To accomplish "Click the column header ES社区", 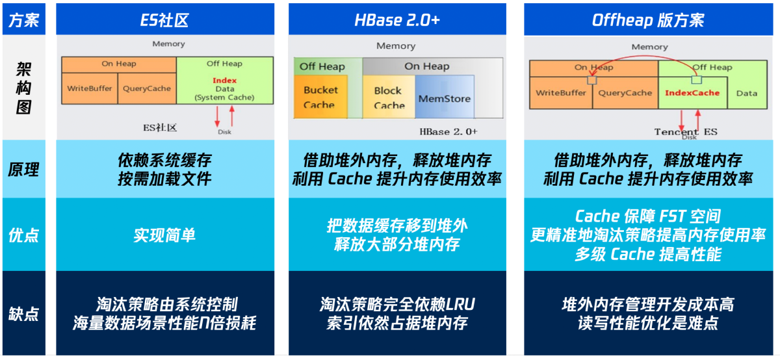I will (164, 20).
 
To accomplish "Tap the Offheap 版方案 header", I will (647, 20).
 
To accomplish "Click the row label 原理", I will (24, 170).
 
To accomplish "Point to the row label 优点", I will (24, 235).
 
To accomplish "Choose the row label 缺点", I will (24, 314).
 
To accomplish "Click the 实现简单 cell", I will (164, 235).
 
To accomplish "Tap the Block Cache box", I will (388, 97).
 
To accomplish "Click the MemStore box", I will (445, 99).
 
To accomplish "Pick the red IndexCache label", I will (692, 93).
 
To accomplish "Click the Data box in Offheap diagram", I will (747, 93).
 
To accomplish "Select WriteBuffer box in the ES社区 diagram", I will (90, 88).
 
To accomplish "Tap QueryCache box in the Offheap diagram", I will (625, 93).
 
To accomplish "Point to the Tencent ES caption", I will (685, 131).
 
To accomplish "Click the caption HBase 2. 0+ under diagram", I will (448, 131).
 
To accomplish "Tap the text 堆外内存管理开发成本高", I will (647, 304).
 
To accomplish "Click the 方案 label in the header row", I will (24, 20).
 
